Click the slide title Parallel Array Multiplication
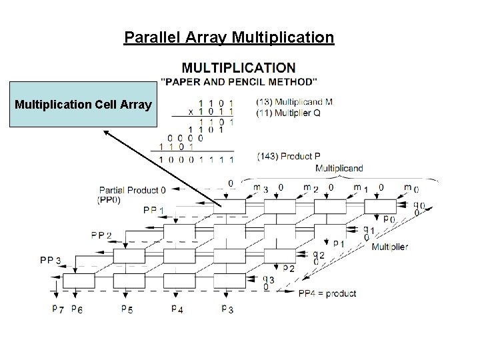(x=229, y=37)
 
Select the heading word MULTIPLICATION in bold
(x=238, y=67)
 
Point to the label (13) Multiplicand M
(x=293, y=102)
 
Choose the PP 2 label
(x=102, y=235)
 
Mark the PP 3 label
(x=51, y=259)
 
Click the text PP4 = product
(x=327, y=293)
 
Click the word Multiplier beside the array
(x=390, y=247)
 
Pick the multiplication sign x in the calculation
(x=191, y=112)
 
